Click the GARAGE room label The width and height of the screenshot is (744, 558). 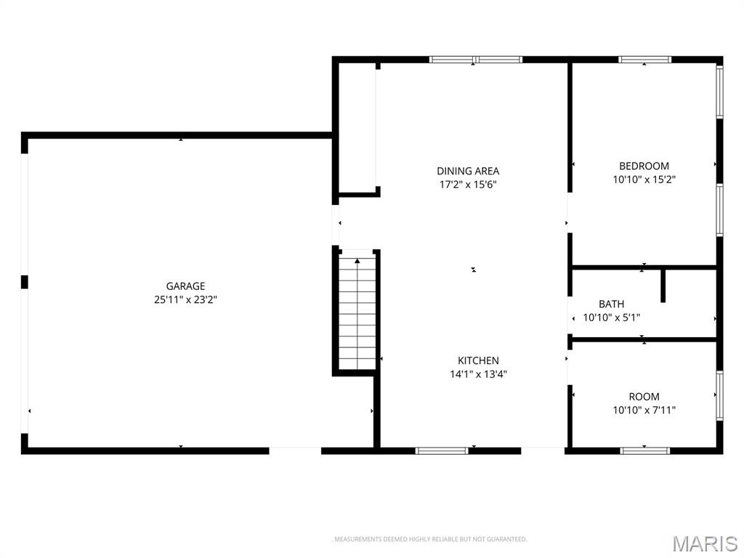185,286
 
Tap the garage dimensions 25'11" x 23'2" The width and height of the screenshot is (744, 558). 185,299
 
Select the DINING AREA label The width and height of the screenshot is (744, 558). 468,171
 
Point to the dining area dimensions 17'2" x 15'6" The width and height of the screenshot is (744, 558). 468,185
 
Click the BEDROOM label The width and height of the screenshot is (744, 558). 644,166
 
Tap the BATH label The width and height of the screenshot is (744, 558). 611,304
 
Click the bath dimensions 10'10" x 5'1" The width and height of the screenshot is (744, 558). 611,318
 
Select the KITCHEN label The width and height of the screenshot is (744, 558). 478,360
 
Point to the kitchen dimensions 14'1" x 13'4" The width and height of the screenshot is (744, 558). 478,374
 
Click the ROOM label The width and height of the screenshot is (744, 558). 644,397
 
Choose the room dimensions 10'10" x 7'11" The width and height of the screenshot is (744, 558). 644,410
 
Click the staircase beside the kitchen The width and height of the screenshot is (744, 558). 357,311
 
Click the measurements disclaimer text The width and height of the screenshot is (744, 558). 429,539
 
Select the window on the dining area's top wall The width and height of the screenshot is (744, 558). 476,60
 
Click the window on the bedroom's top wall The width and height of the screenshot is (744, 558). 644,60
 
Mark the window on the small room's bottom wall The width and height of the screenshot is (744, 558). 645,450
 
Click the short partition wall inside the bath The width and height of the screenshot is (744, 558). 663,286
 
